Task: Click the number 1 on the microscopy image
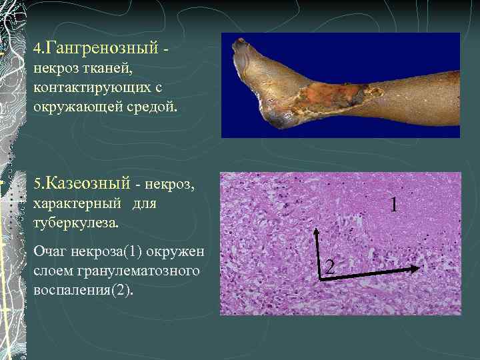pos(394,205)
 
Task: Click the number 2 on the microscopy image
pos(329,268)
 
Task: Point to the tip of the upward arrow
pos(316,230)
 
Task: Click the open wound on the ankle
pos(327,97)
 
